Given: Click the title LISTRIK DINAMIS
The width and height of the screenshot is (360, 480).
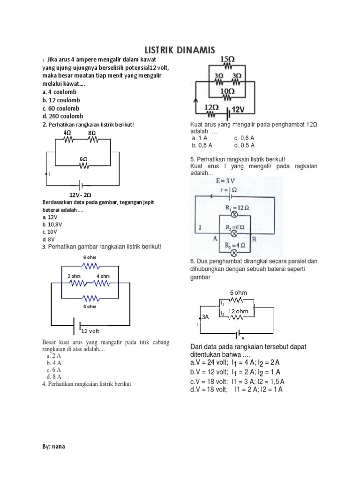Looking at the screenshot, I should click(179, 50).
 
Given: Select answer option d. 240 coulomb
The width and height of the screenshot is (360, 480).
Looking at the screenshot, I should click(62, 116).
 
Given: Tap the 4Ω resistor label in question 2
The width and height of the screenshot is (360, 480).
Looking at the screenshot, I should click(67, 133).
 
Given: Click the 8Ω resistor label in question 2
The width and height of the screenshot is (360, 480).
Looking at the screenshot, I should click(92, 133).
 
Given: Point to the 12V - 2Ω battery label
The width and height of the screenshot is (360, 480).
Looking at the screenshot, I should click(80, 195).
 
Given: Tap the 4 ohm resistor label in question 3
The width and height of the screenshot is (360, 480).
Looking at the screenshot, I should click(104, 276).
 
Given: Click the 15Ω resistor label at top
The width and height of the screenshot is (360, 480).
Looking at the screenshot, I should click(227, 60).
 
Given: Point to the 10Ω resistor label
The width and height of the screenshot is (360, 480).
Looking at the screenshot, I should click(227, 91).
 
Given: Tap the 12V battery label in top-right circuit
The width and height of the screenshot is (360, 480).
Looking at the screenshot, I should click(239, 109).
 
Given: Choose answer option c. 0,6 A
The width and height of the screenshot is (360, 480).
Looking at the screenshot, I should click(244, 138).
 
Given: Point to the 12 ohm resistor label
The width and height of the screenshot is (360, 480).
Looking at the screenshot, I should click(238, 311).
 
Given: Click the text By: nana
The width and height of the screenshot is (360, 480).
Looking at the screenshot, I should click(53, 446).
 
